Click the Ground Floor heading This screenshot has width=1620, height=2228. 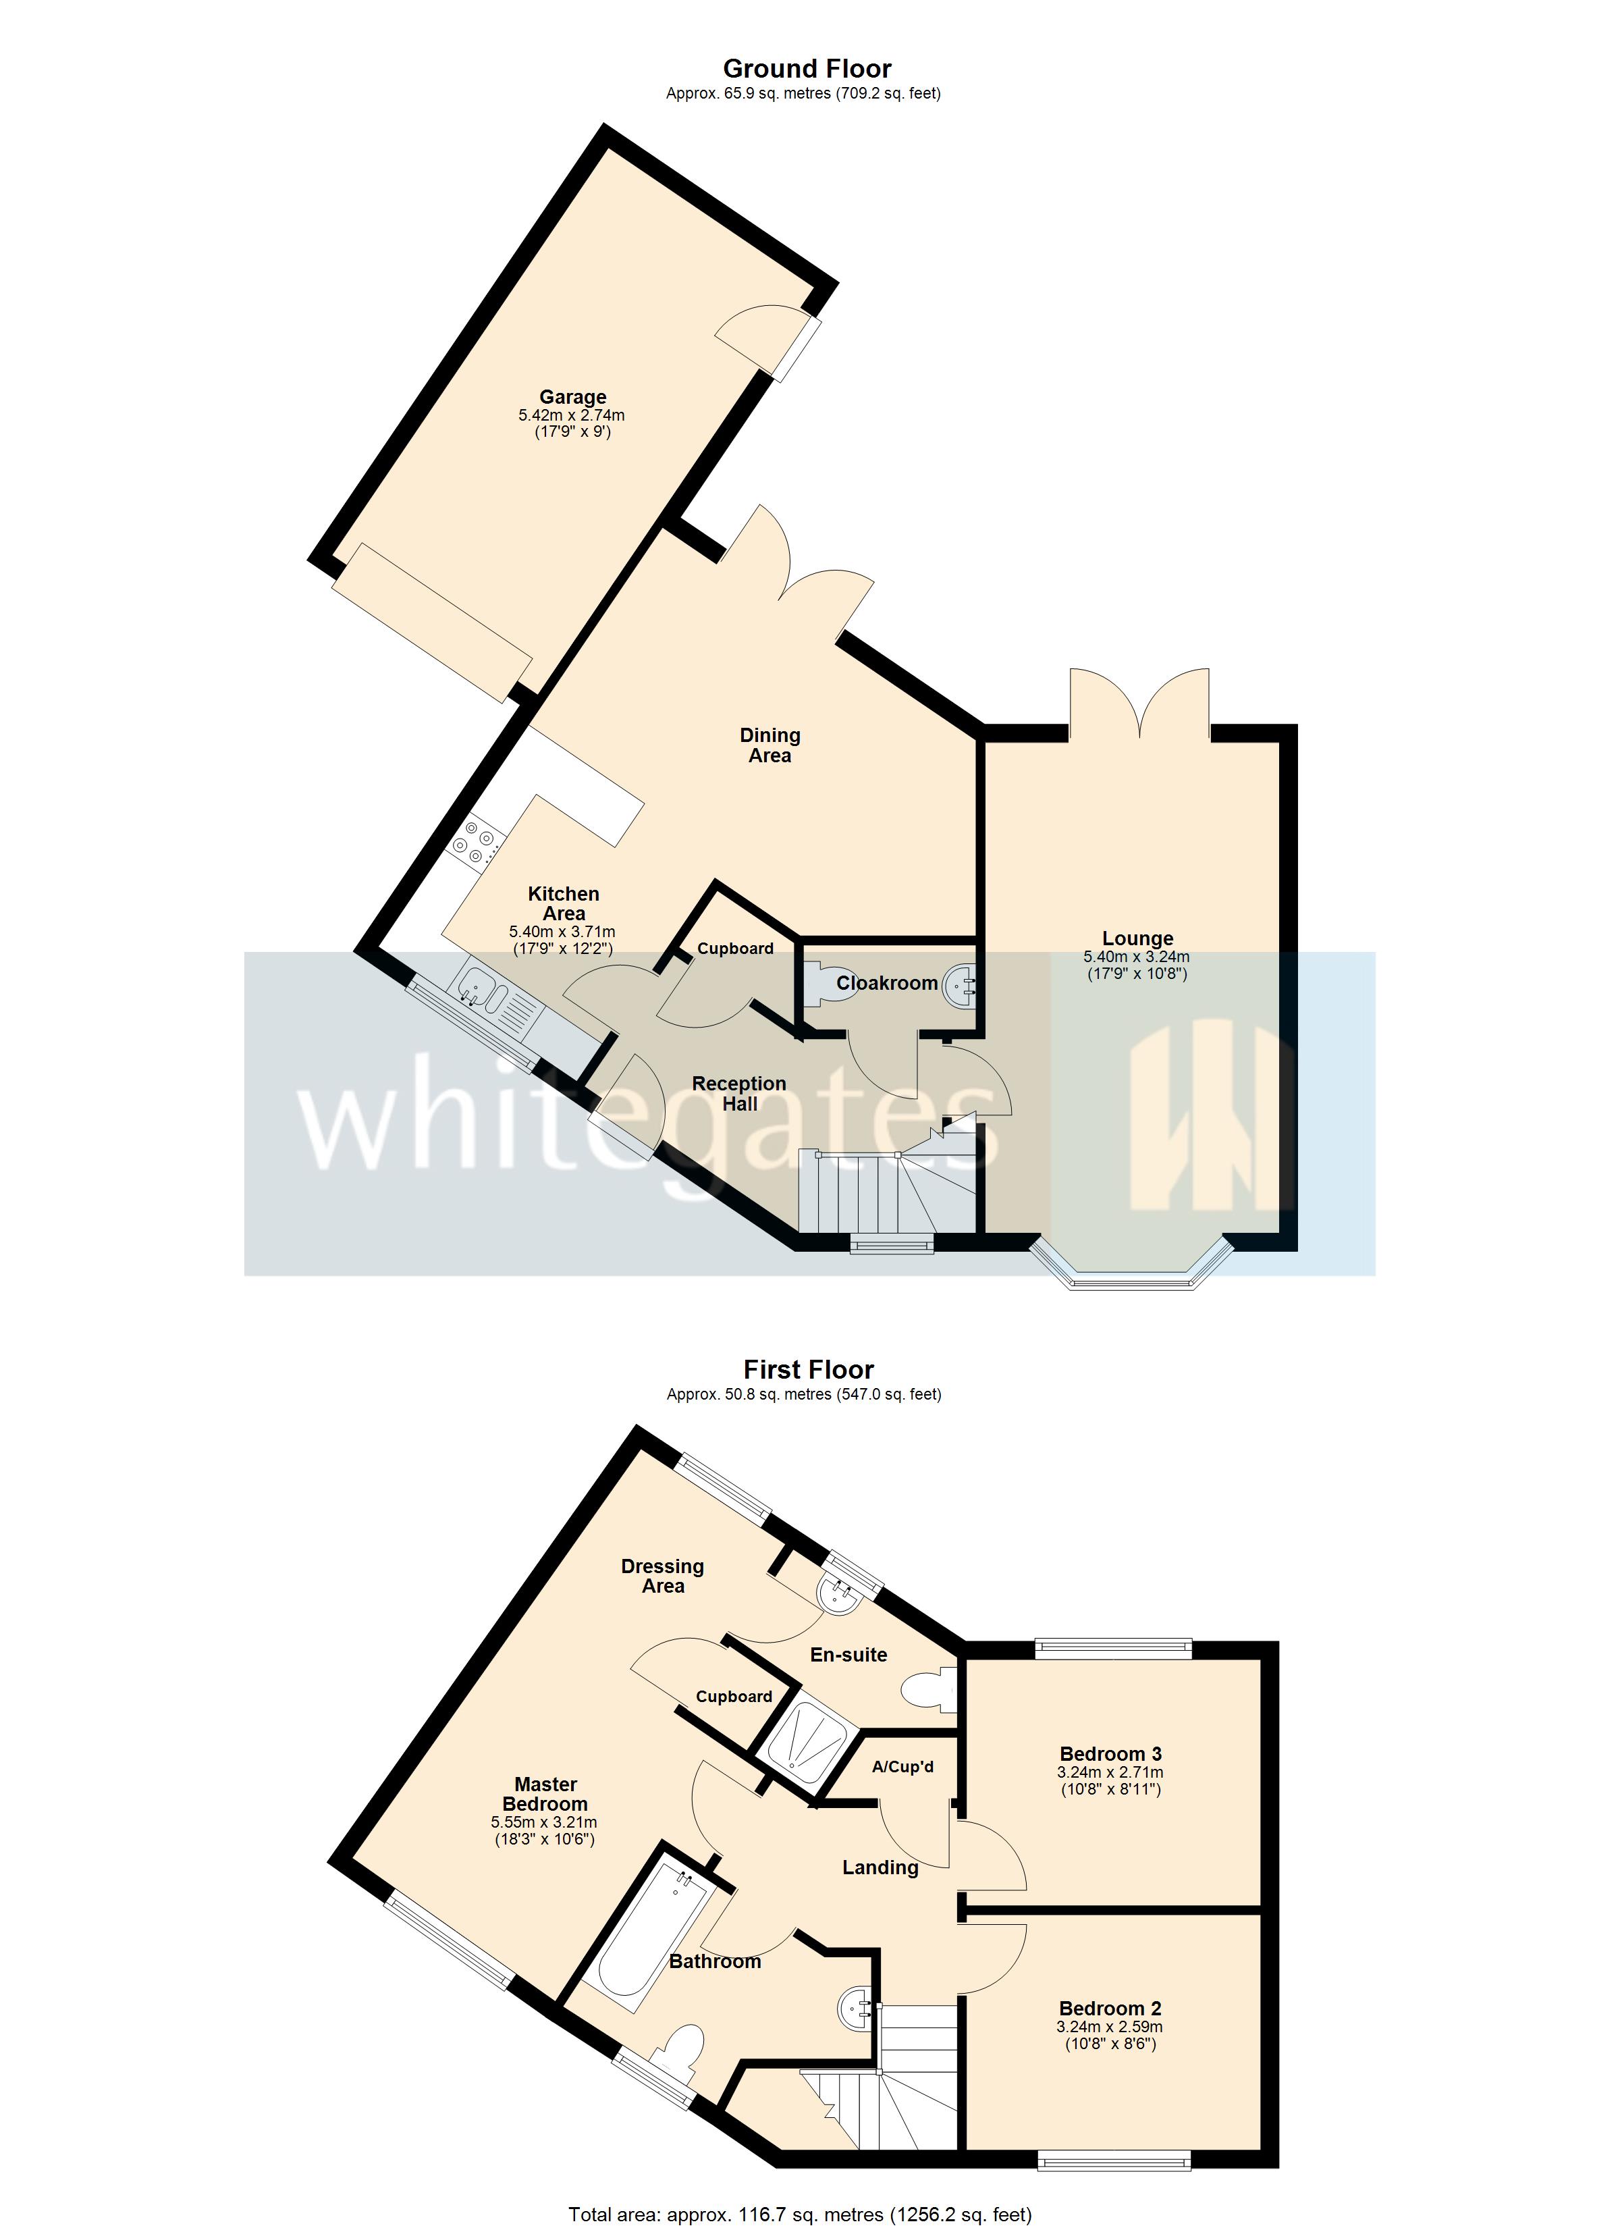click(x=807, y=69)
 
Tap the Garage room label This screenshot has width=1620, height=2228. click(x=573, y=398)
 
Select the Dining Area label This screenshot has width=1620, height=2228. click(x=770, y=745)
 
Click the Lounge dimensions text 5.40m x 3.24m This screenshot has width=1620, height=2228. click(x=1137, y=957)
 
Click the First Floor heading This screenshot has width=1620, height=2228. click(x=807, y=1369)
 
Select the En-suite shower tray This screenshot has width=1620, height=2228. click(x=809, y=1742)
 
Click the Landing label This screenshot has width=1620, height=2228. click(x=880, y=1867)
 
